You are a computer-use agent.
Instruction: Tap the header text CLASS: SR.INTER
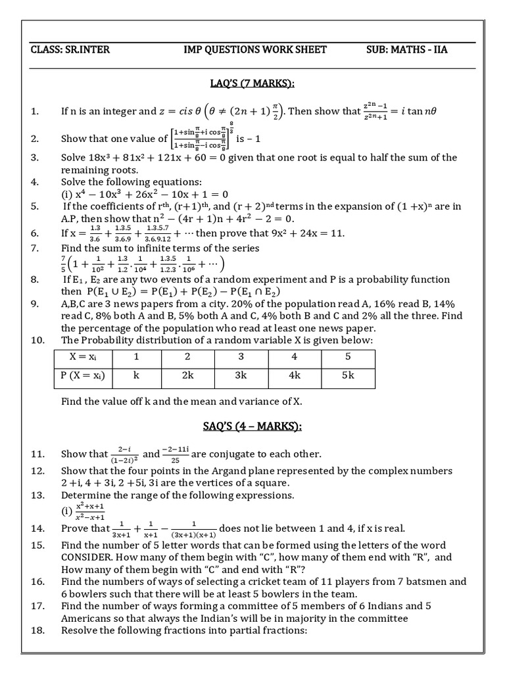[x=68, y=50]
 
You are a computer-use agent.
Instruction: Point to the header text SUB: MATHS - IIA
[x=407, y=50]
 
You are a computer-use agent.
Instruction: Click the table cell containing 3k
[x=241, y=375]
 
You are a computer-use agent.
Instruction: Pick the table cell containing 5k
[x=349, y=375]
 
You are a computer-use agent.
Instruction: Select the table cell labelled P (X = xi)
[x=82, y=375]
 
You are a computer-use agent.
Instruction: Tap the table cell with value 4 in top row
[x=294, y=356]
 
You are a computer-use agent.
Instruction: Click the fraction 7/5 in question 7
[x=64, y=264]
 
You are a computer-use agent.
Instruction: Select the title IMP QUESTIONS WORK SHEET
[x=256, y=50]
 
